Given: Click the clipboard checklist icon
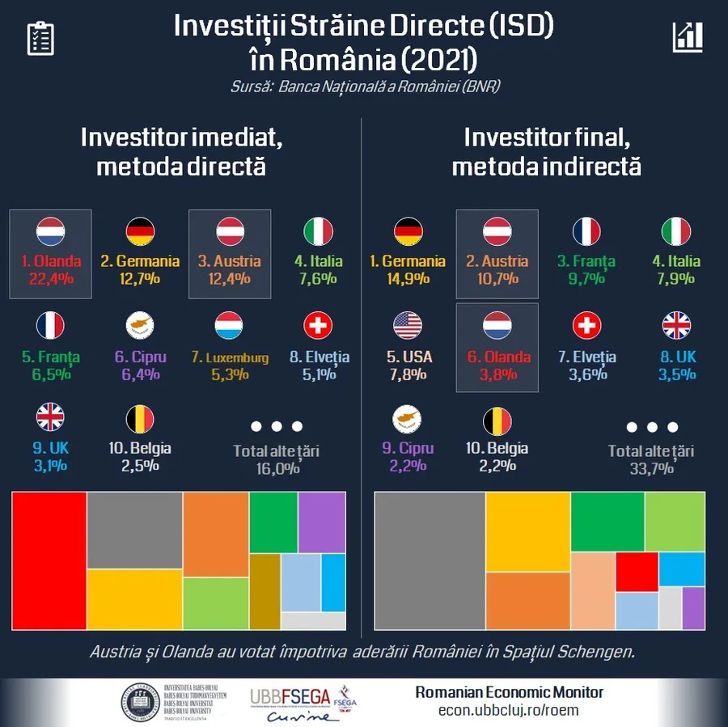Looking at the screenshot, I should click(40, 38).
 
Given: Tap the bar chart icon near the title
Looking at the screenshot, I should click(687, 37).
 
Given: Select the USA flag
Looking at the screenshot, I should click(408, 326).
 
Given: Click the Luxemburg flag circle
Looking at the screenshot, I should click(229, 326).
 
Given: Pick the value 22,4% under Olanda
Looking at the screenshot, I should click(50, 279).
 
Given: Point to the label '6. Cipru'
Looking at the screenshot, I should click(140, 357).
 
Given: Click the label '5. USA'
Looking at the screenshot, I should click(408, 357).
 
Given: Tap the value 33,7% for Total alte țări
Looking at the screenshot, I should click(650, 469).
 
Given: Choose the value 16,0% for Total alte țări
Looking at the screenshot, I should click(276, 468).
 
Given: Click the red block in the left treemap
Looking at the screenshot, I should click(49, 560).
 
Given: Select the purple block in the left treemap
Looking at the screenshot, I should click(323, 522).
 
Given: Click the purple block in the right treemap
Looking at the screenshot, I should click(693, 608).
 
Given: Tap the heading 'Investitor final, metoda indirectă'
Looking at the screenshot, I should click(547, 151).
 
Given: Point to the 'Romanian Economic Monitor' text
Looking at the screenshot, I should click(509, 692).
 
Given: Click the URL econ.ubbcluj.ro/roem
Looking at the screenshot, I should click(508, 711).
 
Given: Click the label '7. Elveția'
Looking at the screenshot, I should click(586, 357).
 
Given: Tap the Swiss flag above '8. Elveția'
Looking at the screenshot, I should click(318, 326).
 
